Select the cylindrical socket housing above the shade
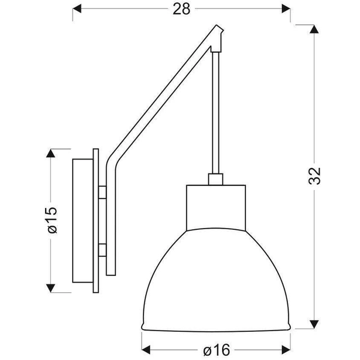point(215,207)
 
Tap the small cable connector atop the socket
point(215,179)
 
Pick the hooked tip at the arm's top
point(220,37)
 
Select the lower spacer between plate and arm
point(103,249)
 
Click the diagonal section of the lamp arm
point(162,96)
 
